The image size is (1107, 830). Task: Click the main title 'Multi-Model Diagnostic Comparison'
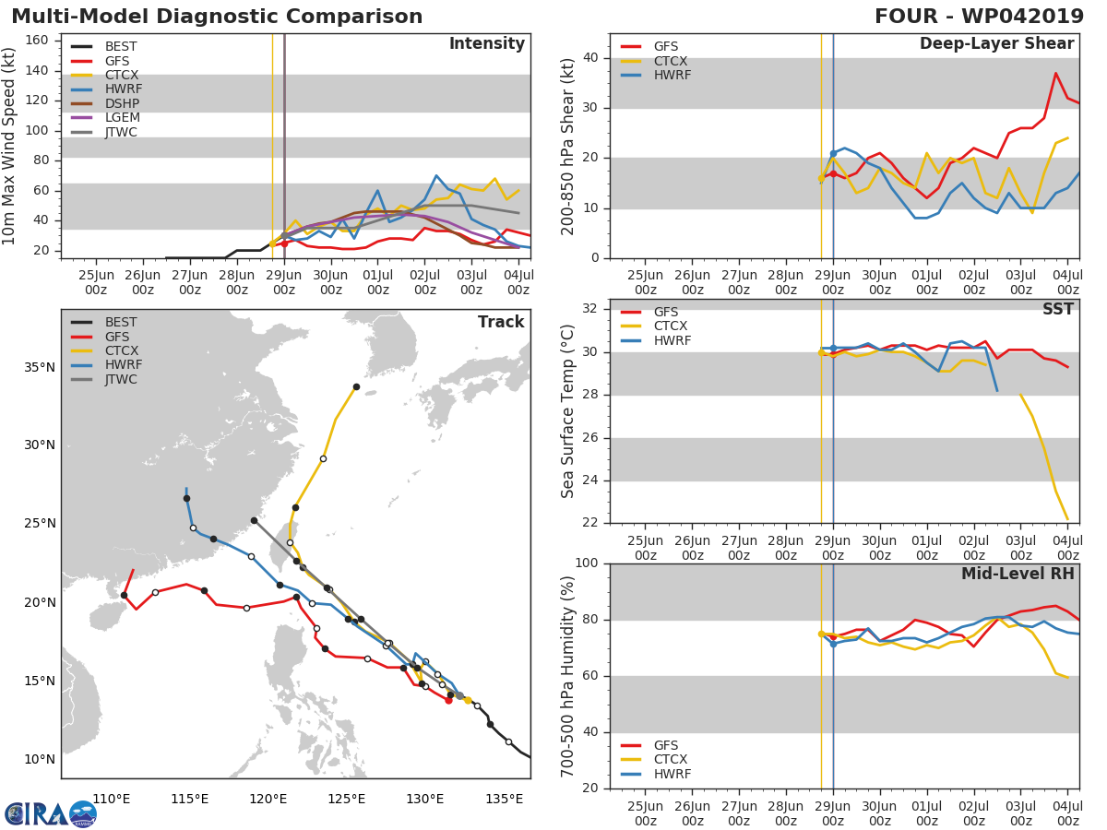click(217, 17)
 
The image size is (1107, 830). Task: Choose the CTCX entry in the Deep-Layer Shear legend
click(671, 61)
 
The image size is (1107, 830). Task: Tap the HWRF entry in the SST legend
click(672, 341)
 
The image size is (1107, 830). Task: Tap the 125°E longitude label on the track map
click(346, 799)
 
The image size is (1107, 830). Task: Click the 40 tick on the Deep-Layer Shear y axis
click(589, 58)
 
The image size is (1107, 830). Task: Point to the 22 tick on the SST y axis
click(589, 523)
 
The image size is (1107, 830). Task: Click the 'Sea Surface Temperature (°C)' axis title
click(568, 410)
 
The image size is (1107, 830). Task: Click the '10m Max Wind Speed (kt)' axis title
click(10, 146)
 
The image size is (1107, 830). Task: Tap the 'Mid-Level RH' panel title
click(1018, 574)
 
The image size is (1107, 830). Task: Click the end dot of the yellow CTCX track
click(356, 387)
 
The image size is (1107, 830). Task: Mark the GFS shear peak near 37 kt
click(1056, 73)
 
